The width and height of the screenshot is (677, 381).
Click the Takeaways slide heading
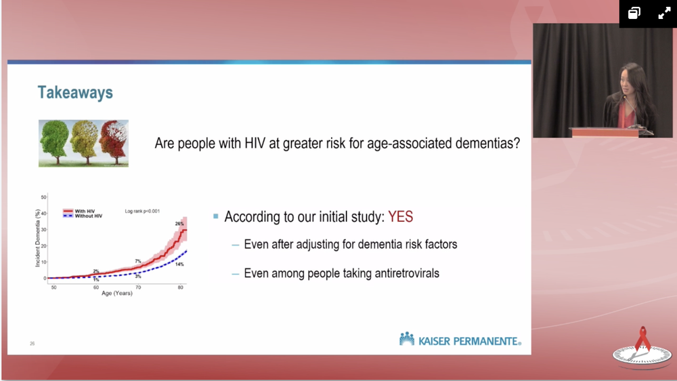tap(75, 93)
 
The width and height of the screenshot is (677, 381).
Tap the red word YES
tap(401, 217)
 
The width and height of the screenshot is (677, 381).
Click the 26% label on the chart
tap(179, 224)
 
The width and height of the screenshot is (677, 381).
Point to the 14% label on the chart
tap(179, 264)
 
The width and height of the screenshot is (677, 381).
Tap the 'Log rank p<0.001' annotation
tap(142, 211)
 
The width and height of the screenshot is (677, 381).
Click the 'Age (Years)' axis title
tap(117, 294)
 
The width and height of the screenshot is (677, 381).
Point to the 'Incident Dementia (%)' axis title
tap(37, 238)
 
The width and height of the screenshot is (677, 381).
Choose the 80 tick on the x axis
tap(181, 287)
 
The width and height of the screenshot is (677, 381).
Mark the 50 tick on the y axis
tap(43, 197)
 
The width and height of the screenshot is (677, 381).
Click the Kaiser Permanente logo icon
tap(407, 338)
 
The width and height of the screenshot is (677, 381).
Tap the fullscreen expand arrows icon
tap(664, 14)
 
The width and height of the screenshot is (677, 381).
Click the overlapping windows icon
tap(634, 14)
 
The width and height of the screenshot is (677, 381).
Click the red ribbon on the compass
tap(642, 338)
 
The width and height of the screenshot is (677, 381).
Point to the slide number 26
tap(32, 344)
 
